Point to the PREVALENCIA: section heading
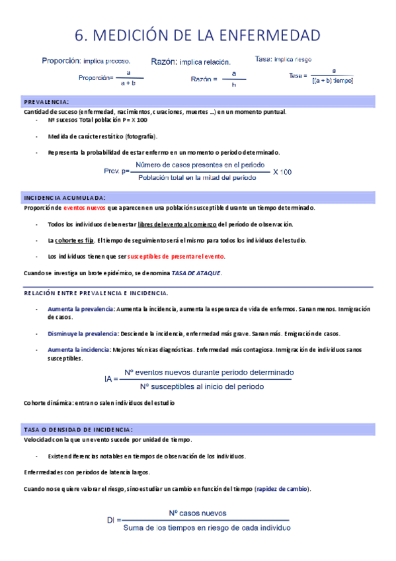(x=46, y=102)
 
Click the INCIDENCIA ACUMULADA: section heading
(x=64, y=198)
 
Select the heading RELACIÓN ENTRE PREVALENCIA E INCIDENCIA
(x=95, y=292)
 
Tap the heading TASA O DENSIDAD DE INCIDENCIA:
(x=78, y=429)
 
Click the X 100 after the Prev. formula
(x=282, y=171)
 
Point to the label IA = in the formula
(x=110, y=380)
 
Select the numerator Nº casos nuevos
(x=197, y=513)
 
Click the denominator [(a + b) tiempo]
(x=332, y=81)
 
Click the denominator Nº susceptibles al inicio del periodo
(x=202, y=386)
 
